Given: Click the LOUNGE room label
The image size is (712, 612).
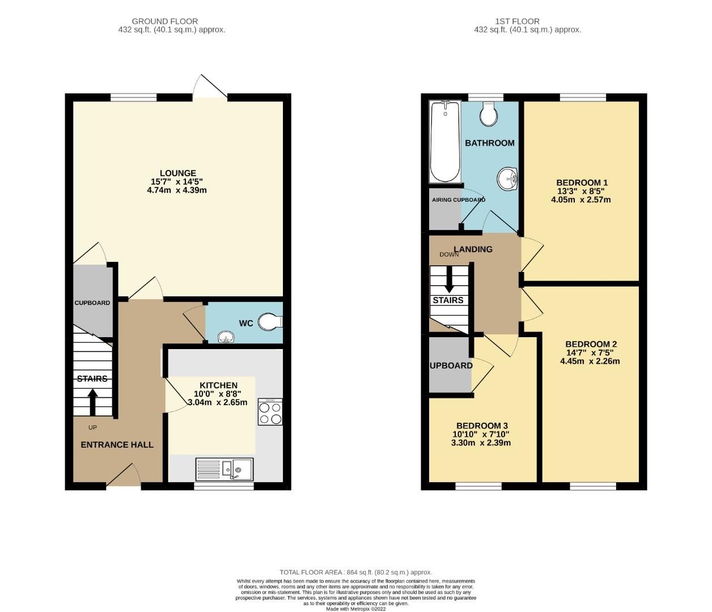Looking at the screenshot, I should pyautogui.click(x=177, y=173).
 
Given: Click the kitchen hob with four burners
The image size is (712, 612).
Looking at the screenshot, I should pyautogui.click(x=270, y=412).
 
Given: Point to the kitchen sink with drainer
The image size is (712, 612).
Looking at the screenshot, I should pyautogui.click(x=224, y=469).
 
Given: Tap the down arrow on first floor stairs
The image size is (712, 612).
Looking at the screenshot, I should pyautogui.click(x=449, y=279).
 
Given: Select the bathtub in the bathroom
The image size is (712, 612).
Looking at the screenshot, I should pyautogui.click(x=445, y=142).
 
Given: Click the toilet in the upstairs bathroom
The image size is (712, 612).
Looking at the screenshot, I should pyautogui.click(x=488, y=114).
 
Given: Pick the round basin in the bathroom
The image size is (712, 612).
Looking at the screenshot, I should pyautogui.click(x=508, y=180).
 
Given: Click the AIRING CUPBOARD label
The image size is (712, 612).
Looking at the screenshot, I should pyautogui.click(x=459, y=200).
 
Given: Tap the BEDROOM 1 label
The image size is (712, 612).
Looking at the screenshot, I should pyautogui.click(x=582, y=182).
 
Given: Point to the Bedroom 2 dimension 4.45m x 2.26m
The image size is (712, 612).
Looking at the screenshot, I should pyautogui.click(x=590, y=361).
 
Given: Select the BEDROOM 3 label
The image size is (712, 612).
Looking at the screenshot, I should pyautogui.click(x=482, y=426).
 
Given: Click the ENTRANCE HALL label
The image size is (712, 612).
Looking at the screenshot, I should pyautogui.click(x=117, y=445).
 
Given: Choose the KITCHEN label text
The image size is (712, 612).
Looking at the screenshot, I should pyautogui.click(x=218, y=385).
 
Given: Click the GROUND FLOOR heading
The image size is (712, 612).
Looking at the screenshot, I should pyautogui.click(x=165, y=22).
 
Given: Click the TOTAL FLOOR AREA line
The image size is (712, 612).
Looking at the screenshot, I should pyautogui.click(x=355, y=572).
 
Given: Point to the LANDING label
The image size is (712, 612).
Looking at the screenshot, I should pyautogui.click(x=473, y=249).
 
